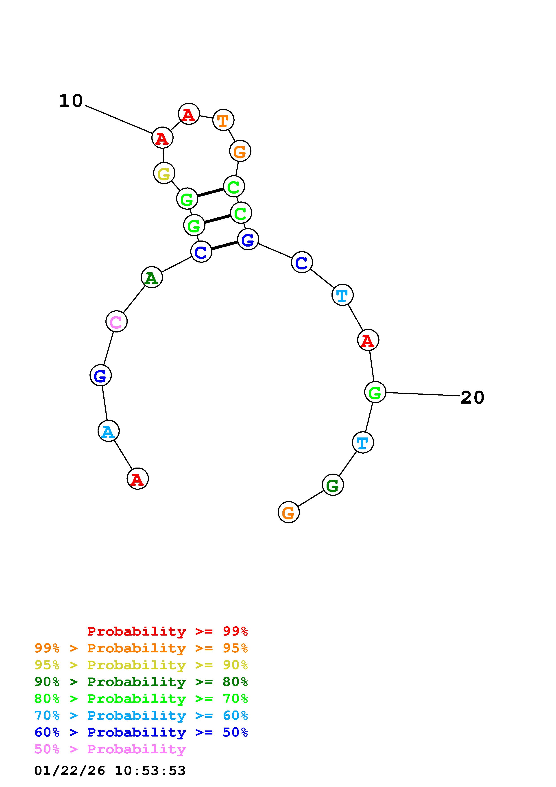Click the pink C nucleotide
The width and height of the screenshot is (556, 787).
[116, 321]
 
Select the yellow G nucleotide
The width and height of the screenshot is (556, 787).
[164, 173]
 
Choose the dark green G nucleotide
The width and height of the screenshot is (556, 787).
[333, 485]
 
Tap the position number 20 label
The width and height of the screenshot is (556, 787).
[472, 398]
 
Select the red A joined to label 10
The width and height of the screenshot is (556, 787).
[162, 138]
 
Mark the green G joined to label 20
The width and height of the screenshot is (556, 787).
[375, 392]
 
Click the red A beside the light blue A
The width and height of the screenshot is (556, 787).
[138, 479]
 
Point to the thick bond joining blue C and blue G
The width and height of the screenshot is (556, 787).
[224, 245]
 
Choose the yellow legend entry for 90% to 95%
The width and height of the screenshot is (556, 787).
[141, 665]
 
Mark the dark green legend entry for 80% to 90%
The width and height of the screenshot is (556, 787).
[141, 682]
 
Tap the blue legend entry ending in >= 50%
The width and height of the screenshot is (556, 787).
[141, 732]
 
